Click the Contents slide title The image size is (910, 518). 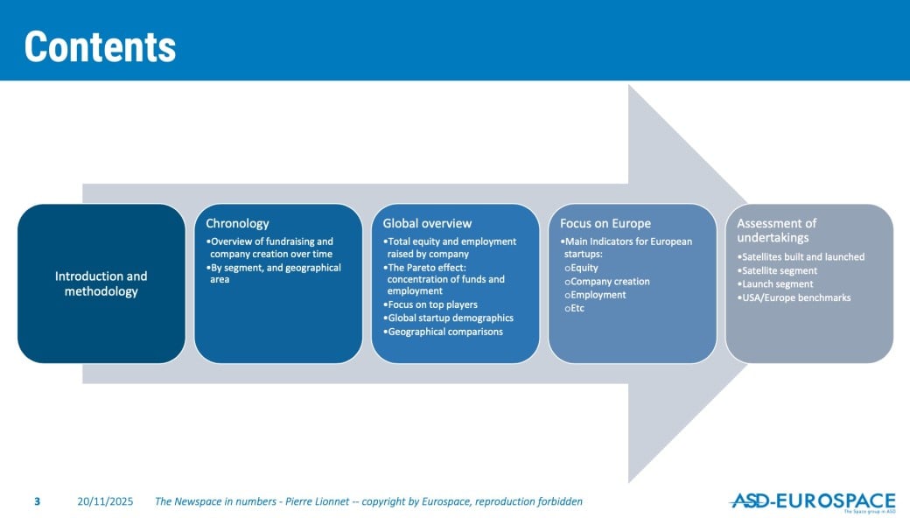[100, 46]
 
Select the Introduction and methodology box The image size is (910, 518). [101, 283]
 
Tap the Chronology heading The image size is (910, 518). [237, 223]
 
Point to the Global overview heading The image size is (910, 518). [427, 223]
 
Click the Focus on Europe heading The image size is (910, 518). [605, 223]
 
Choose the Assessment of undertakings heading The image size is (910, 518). [776, 230]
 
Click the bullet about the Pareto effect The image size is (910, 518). [444, 279]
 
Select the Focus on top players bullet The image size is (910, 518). [430, 304]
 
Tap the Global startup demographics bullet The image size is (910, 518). [448, 318]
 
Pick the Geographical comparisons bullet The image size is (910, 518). [443, 332]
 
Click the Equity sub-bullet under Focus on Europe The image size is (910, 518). [581, 268]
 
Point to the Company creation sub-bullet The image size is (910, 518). [607, 282]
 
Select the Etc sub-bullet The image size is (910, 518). [574, 308]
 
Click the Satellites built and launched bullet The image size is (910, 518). [801, 257]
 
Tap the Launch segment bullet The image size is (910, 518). [775, 284]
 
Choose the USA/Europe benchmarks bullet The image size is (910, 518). [794, 297]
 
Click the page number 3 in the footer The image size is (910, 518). [37, 501]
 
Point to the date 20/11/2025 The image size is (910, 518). [105, 501]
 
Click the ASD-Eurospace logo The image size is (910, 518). [813, 501]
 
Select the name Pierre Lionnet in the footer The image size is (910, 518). [318, 501]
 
